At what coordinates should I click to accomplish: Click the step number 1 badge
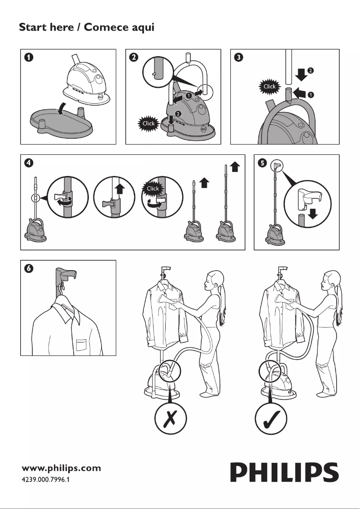29,57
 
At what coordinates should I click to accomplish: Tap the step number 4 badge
29,163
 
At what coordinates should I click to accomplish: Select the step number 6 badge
29,268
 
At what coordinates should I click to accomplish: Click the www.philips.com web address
61,468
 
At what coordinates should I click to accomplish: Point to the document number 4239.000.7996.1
46,480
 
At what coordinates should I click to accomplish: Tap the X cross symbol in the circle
171,421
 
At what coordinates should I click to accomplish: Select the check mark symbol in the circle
271,421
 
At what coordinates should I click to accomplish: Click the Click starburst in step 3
270,86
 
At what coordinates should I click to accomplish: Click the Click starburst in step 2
149,123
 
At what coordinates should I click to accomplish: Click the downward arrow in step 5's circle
313,215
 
